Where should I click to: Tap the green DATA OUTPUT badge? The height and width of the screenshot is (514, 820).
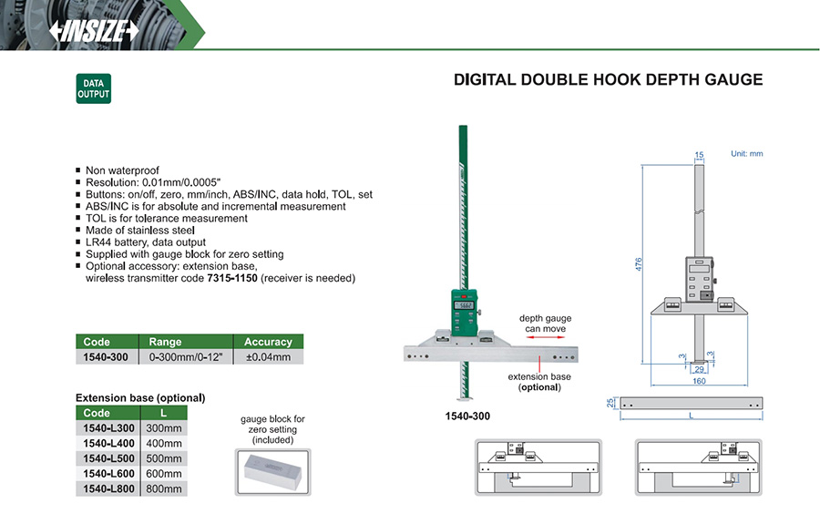coord(93,88)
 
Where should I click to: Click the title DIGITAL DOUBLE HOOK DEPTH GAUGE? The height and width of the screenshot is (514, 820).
coord(608,80)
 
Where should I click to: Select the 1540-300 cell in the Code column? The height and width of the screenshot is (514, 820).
coord(106,357)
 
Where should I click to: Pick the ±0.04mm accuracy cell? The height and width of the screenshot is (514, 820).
coord(268,357)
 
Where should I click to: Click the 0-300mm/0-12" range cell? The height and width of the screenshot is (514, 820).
coord(186,357)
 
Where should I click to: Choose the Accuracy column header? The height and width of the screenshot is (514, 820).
coord(268,342)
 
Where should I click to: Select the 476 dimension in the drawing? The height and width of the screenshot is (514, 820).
coord(639,262)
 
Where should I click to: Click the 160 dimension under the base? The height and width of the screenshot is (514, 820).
coord(700,381)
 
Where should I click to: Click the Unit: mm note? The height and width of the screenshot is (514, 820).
coord(746,154)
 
